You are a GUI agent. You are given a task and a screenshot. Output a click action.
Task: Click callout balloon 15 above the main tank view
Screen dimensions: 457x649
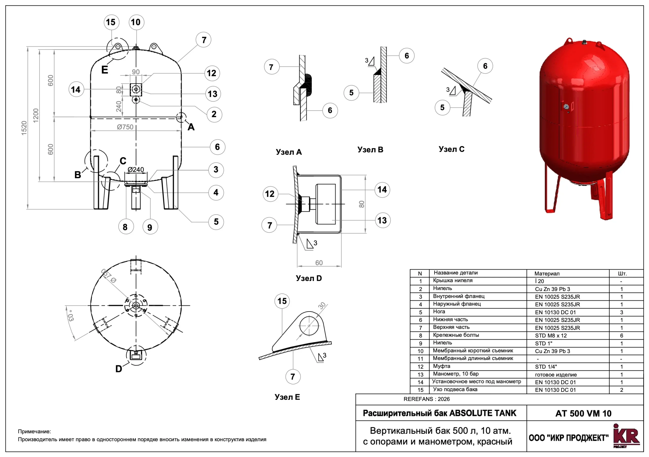pos(111,22)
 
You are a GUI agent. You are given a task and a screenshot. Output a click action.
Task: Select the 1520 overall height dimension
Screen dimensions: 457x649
pos(24,128)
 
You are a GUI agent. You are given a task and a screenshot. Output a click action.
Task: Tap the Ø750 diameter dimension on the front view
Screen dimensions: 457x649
pos(125,127)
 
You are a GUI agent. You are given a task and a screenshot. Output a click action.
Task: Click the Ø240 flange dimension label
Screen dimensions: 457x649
pos(136,170)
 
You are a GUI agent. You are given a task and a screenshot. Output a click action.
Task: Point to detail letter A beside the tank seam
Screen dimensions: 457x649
pos(191,127)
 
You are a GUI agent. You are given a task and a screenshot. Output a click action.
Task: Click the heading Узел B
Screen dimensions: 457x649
pos(370,150)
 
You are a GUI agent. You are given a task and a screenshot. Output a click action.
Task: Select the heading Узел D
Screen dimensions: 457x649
pos(309,278)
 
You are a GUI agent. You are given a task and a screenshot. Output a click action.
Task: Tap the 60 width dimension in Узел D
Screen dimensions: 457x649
pos(319,263)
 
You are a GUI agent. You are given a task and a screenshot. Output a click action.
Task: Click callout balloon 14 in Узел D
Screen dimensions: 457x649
pos(382,189)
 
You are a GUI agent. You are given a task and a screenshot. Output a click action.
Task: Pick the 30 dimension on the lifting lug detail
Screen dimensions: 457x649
pos(322,306)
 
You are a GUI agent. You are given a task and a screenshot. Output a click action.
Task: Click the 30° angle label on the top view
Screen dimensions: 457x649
pos(71,316)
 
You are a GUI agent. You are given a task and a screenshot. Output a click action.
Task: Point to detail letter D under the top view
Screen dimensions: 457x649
pos(119,369)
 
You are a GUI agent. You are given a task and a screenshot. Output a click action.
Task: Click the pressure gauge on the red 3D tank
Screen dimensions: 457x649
pos(566,107)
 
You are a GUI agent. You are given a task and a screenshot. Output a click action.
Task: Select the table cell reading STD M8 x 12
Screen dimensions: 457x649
pos(551,336)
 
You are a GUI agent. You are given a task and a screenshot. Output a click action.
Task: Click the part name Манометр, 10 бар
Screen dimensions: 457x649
pos(456,374)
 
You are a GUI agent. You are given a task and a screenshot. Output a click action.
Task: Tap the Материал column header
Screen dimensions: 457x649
pos(547,273)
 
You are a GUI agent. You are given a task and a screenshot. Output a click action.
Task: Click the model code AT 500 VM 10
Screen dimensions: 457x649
pos(583,413)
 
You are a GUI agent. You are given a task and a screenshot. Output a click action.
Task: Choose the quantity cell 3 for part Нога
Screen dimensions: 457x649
pos(621,312)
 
